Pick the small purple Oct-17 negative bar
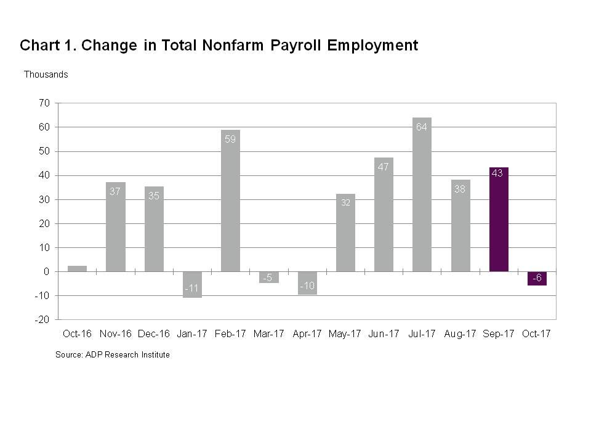point(537,278)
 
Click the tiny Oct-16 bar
point(77,269)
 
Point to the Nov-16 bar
point(116,227)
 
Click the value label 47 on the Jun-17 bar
point(384,167)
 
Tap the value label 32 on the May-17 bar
point(345,202)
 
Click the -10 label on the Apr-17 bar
point(307,286)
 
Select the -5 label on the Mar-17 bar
point(268,278)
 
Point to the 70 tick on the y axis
point(44,103)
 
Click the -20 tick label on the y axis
point(42,320)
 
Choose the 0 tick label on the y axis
point(46,272)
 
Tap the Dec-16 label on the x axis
point(154,334)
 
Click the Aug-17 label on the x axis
point(460,334)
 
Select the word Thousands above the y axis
point(46,74)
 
